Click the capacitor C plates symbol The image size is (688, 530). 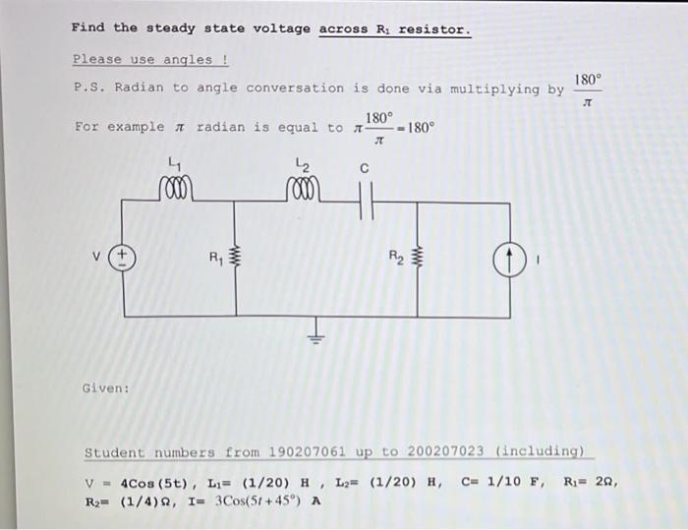pos(365,203)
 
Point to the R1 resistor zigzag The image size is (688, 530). pos(234,259)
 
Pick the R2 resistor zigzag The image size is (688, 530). pos(418,260)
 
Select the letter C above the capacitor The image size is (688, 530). pos(364,168)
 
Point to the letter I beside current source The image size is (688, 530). pos(538,261)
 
